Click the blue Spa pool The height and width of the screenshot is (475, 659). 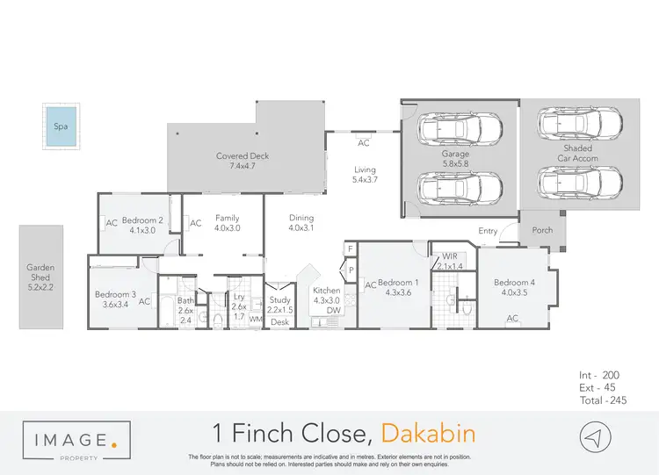(61, 126)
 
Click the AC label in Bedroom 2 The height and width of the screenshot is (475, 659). (112, 223)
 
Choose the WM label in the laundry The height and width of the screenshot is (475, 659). (256, 319)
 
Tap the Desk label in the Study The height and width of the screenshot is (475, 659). (279, 322)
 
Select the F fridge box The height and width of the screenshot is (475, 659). (351, 249)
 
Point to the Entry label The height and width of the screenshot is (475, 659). (488, 231)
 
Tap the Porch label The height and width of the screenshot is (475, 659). (542, 231)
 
